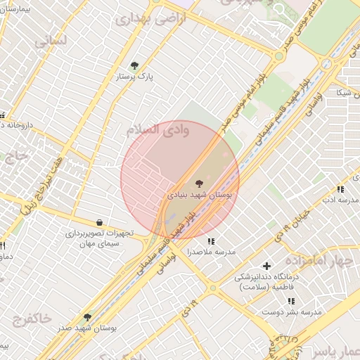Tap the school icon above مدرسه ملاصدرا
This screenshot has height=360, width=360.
210,241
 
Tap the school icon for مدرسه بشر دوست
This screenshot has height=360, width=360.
291,301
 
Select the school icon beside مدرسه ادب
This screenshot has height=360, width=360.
340,189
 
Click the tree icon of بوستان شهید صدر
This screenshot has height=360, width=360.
87,317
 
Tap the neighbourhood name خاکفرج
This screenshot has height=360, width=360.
32,319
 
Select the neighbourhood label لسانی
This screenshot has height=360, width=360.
51,41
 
